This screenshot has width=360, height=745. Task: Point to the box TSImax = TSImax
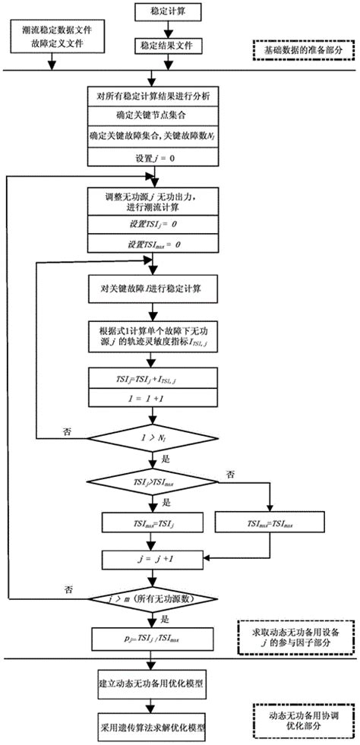tap(270, 523)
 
